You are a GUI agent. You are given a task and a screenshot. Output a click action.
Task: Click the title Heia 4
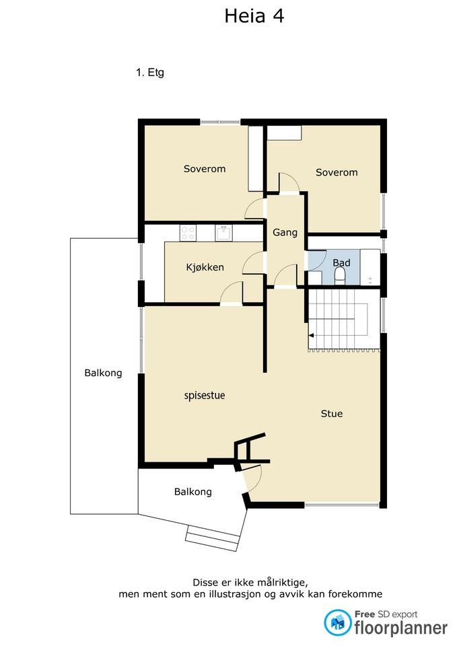point(254,16)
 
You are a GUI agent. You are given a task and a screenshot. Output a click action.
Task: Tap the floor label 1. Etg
point(150,73)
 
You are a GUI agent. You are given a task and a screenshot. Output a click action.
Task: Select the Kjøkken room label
point(205,267)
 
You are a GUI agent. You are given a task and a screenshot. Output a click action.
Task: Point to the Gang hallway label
point(285,232)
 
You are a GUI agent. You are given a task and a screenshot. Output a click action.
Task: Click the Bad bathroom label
point(341,262)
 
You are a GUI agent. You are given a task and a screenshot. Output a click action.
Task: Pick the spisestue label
point(205,396)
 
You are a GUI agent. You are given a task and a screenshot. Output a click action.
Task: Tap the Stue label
point(332,413)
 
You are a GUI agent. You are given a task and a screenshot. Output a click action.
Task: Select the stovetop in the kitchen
point(188,233)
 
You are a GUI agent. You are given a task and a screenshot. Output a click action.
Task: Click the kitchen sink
point(223,234)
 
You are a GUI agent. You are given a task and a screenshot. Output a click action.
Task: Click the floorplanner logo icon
point(337,622)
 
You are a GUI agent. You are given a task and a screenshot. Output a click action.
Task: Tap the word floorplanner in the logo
point(400,628)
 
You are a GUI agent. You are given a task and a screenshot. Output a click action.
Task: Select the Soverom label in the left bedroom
point(205,168)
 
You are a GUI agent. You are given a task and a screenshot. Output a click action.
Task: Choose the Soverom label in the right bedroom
point(337,172)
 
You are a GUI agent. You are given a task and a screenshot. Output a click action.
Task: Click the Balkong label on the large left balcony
point(103,373)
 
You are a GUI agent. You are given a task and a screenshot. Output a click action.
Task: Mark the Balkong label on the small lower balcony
point(193,492)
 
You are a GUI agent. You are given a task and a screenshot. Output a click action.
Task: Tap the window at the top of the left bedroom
point(220,122)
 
